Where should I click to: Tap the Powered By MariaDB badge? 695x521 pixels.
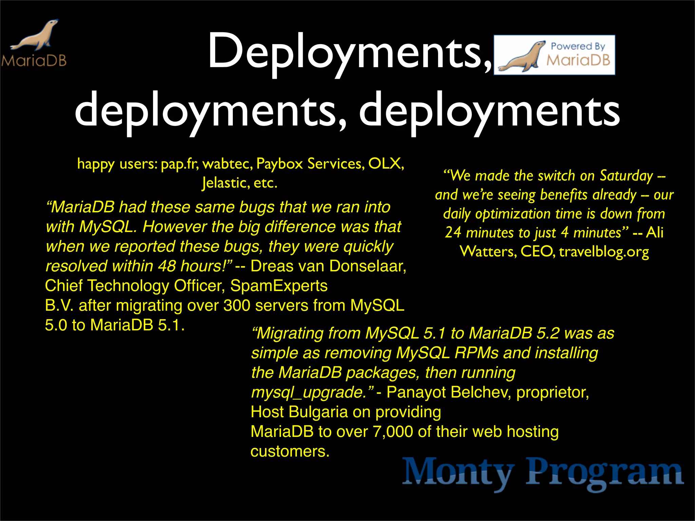tap(554, 55)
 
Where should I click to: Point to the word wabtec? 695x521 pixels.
tap(227, 164)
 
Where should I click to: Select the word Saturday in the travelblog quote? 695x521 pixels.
tap(626, 176)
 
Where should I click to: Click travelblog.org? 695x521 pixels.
tap(604, 252)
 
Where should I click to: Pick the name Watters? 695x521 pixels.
tap(488, 252)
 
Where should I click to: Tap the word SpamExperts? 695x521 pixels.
tap(279, 286)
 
